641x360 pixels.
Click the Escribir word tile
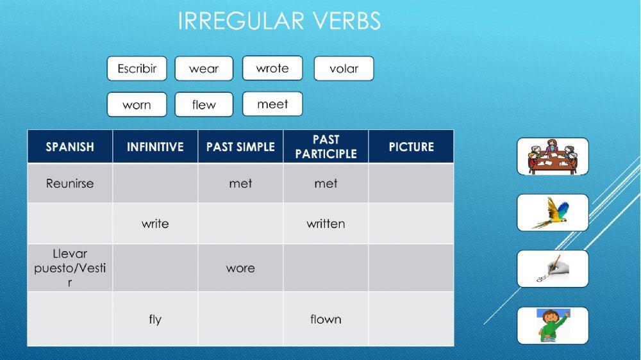pos(137,69)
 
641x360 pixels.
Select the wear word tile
pos(204,69)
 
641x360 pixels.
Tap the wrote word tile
pos(272,68)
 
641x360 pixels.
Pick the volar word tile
pos(344,69)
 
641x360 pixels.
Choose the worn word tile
pos(137,105)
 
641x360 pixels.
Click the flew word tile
pos(204,105)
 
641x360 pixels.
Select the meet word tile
pos(272,104)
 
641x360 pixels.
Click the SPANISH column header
pos(70,147)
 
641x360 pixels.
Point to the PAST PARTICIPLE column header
pos(326,147)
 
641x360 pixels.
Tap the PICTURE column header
pos(411,147)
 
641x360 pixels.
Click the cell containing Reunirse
pos(70,183)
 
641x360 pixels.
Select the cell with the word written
pos(326,224)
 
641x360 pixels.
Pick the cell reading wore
pos(240,268)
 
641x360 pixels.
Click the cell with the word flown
pos(326,319)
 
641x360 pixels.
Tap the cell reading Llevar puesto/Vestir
pos(70,268)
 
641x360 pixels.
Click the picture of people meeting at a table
pos(553,156)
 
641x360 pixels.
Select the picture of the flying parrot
pos(553,213)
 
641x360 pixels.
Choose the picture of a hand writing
pos(553,269)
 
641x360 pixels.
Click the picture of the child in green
pos(553,325)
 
